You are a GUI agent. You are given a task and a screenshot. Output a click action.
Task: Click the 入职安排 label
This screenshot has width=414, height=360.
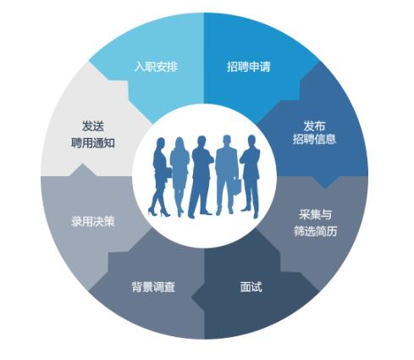pos(156,67)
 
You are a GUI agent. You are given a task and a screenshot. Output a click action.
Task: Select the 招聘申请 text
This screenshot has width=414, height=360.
pos(249,67)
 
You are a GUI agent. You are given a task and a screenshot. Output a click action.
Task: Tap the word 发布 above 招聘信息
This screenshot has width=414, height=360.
pos(314,126)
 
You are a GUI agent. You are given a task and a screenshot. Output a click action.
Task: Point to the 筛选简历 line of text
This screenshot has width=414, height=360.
pos(316,231)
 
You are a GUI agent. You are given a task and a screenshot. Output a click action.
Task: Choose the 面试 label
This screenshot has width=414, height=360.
pos(251,286)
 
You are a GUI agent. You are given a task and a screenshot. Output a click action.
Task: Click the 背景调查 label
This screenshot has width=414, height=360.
pos(153,286)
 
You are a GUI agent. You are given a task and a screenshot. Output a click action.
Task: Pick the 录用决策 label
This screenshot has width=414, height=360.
pos(93,221)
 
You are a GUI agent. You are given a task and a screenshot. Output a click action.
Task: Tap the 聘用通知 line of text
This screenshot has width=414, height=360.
pos(93,143)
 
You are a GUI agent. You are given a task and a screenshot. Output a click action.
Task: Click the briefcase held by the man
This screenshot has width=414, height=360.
pos(236,186)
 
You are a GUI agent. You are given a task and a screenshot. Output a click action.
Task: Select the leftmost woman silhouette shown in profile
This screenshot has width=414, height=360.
pos(159,176)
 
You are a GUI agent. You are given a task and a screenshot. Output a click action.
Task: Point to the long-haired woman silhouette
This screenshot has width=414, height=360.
pos(179,176)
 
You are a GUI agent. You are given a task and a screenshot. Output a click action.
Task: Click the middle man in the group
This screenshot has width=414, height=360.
pos(201,176)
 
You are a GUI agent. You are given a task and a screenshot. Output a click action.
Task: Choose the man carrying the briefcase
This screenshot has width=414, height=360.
pos(227,175)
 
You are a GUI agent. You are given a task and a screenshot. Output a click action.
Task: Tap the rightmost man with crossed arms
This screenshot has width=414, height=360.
pos(251,176)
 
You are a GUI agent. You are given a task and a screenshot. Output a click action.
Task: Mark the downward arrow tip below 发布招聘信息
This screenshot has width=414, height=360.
pos(324,188)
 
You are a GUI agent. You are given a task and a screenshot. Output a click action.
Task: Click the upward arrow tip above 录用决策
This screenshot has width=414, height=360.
pos(82,163)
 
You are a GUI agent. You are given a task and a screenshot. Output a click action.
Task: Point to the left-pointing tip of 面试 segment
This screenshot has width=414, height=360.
pos(191,297)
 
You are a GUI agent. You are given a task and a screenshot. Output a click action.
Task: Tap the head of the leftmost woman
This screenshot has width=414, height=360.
pos(161,143)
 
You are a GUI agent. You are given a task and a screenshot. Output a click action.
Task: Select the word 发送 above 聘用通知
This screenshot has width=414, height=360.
pos(93,126)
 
